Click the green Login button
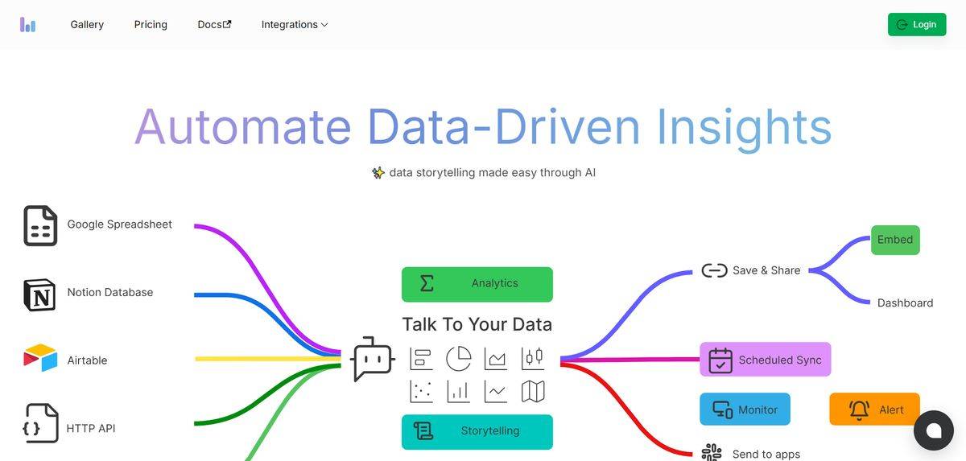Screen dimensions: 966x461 pyautogui.click(x=917, y=25)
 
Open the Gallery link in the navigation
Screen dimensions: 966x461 pyautogui.click(x=87, y=25)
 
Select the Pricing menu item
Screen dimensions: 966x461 pyautogui.click(x=151, y=25)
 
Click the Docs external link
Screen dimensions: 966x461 pyautogui.click(x=214, y=25)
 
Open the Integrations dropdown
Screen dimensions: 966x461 pyautogui.click(x=295, y=25)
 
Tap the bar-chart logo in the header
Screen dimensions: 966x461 pyautogui.click(x=27, y=25)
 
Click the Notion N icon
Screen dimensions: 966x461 pyautogui.click(x=39, y=294)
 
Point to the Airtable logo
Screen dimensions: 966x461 pyautogui.click(x=40, y=357)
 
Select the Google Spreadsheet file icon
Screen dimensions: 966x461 pyautogui.click(x=40, y=226)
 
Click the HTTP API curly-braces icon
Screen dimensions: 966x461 pyautogui.click(x=40, y=423)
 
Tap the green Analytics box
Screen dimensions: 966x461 pyautogui.click(x=477, y=284)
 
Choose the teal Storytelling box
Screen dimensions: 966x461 pyautogui.click(x=477, y=432)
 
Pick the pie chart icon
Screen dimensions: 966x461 pyautogui.click(x=458, y=358)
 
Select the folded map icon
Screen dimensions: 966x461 pyautogui.click(x=533, y=391)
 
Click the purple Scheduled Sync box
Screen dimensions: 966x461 pyautogui.click(x=765, y=360)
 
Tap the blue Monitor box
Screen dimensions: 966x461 pyautogui.click(x=745, y=409)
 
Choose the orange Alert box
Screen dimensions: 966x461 pyautogui.click(x=874, y=409)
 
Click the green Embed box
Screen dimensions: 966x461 pyautogui.click(x=895, y=240)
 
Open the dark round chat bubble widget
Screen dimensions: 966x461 pyautogui.click(x=934, y=430)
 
